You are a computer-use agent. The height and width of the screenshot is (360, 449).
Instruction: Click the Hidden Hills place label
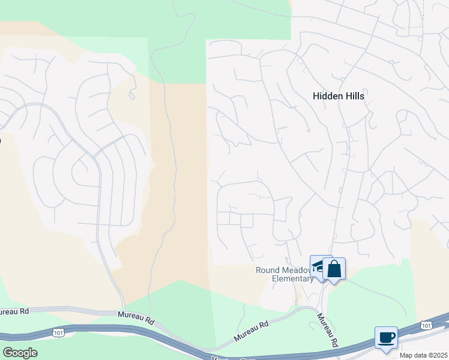[339, 96]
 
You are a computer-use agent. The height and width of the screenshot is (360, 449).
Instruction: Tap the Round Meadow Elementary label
[285, 274]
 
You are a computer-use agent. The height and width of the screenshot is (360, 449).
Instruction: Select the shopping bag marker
[334, 269]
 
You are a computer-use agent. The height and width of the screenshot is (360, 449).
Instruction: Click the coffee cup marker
[386, 337]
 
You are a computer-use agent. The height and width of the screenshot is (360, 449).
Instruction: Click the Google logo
[20, 352]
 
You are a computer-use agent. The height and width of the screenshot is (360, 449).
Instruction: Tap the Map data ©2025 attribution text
[423, 355]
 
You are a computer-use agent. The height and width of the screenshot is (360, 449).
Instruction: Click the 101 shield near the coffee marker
[426, 325]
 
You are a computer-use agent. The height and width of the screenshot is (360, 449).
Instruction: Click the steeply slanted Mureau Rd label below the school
[327, 331]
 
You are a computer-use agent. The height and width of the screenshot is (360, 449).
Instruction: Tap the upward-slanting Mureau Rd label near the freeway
[251, 329]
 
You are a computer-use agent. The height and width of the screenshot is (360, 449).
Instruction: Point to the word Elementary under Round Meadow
[293, 278]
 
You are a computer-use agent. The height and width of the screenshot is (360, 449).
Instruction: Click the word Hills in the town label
[354, 96]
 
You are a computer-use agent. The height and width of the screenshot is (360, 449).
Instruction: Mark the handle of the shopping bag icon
[334, 263]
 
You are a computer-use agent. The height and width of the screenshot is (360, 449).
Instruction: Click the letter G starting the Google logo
[8, 352]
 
